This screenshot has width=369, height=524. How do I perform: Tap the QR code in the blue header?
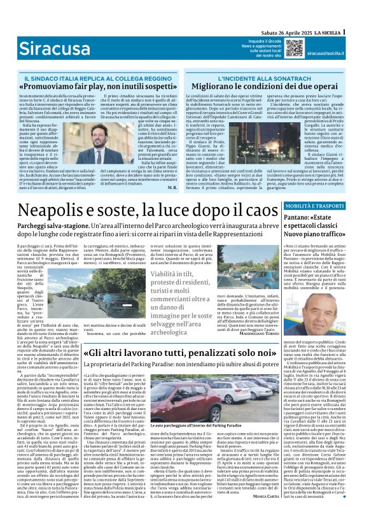(x=293, y=46)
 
